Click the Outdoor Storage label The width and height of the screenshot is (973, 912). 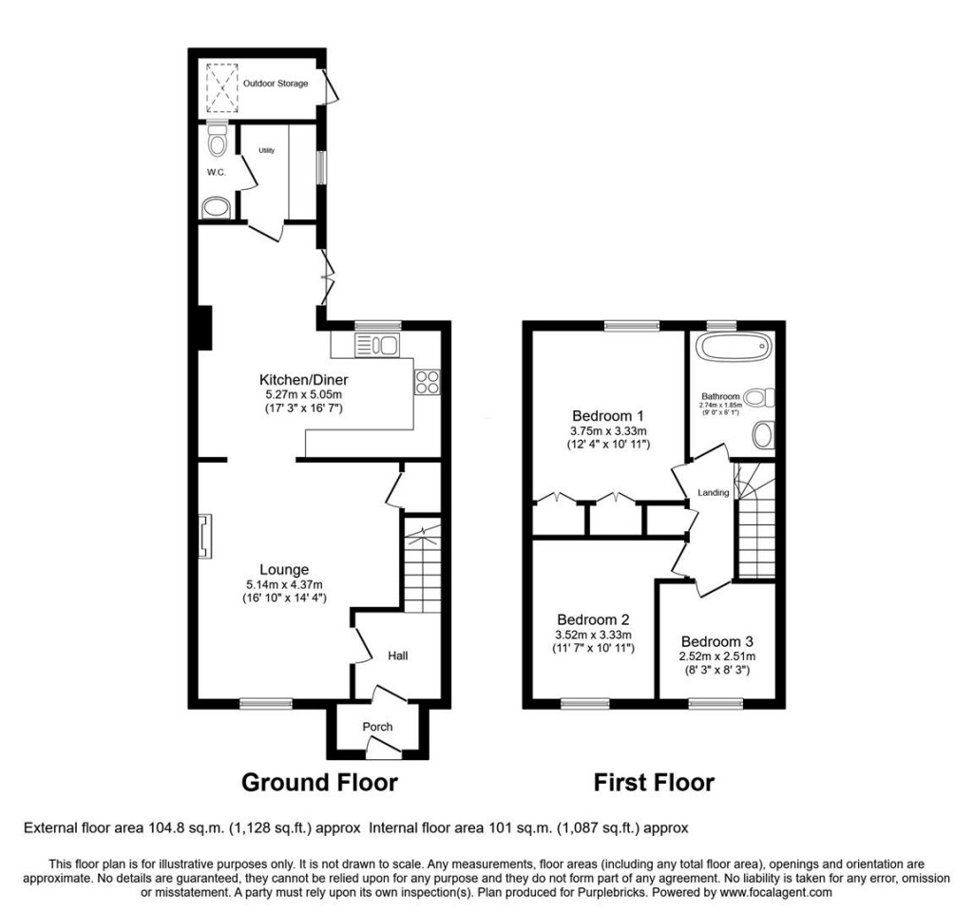click(x=275, y=84)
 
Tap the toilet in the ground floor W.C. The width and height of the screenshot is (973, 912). click(x=218, y=142)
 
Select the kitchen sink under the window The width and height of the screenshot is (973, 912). click(x=378, y=345)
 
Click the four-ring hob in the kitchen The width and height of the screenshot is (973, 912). click(x=427, y=381)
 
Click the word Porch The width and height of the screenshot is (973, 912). click(x=377, y=727)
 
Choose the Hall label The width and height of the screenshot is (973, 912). click(x=397, y=655)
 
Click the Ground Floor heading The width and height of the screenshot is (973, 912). click(x=319, y=783)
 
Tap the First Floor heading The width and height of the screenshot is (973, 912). click(x=654, y=783)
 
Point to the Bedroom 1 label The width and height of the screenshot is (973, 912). click(x=608, y=415)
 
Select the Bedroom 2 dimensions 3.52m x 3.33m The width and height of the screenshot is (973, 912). click(x=594, y=635)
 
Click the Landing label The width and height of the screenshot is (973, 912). click(x=714, y=492)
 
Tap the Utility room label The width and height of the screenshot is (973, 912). click(x=266, y=150)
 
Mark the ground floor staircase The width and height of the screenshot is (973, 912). click(x=422, y=564)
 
